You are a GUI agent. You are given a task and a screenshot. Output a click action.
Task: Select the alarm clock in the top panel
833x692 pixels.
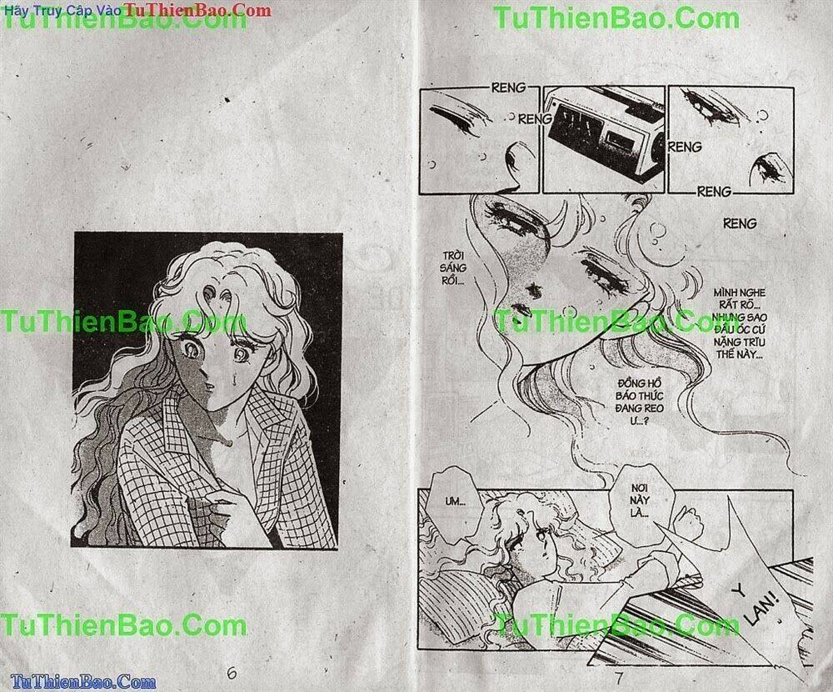point(603,133)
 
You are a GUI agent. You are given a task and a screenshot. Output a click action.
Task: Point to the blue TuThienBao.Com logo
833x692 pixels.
point(78,682)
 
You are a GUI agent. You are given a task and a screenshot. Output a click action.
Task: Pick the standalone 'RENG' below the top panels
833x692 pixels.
point(740,223)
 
